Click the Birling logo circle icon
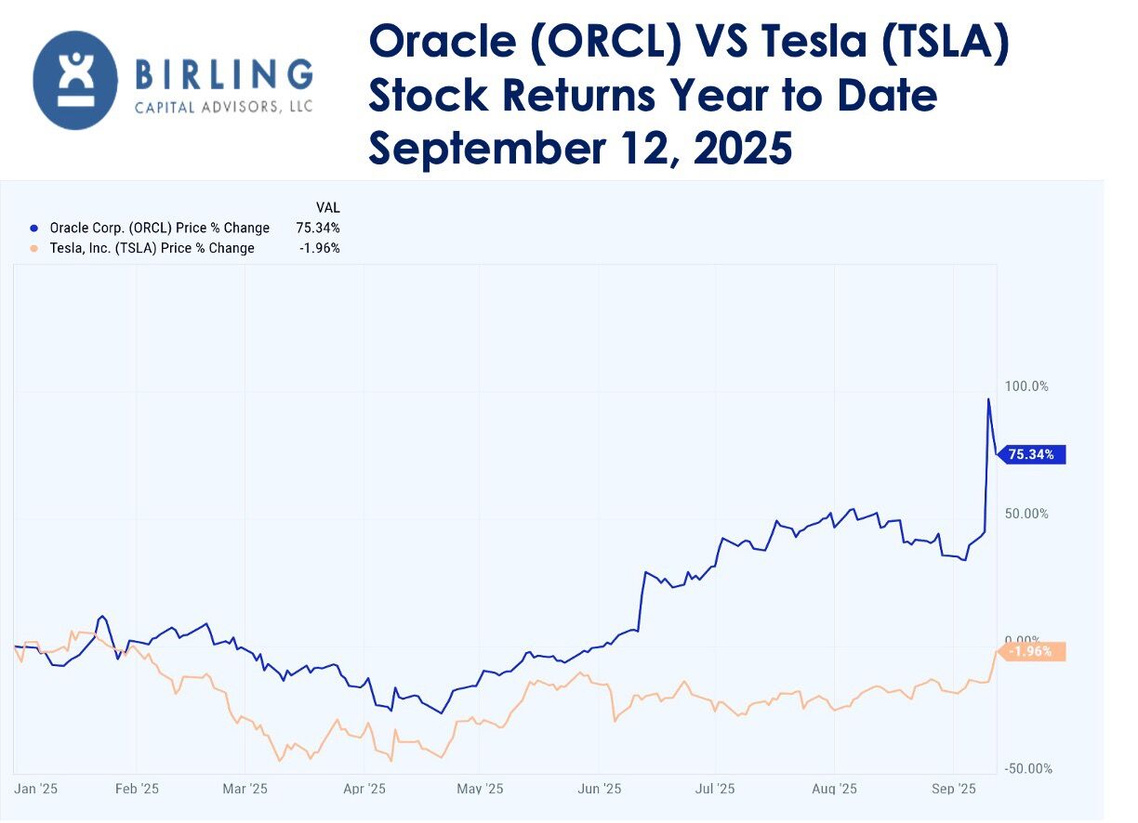[x=75, y=80]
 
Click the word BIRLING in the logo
[x=224, y=72]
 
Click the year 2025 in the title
[x=741, y=148]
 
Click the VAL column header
[x=328, y=207]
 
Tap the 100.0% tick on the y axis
[x=1026, y=386]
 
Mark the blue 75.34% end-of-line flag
[x=1032, y=454]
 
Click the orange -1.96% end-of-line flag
[x=1032, y=651]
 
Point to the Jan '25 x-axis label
[x=36, y=789]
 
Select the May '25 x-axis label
[x=481, y=789]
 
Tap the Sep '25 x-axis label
[x=954, y=789]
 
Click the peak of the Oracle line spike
[x=988, y=399]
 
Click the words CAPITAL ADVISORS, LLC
[x=224, y=108]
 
